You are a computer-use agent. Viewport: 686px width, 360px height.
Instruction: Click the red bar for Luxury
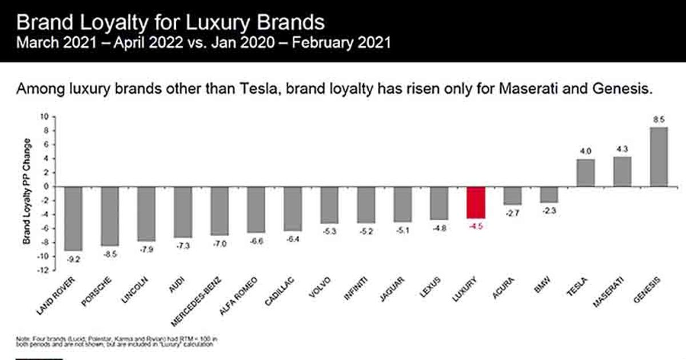coord(476,202)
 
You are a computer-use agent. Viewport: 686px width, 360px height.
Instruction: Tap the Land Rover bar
coord(73,218)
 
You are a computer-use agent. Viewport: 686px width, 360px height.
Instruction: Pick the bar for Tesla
coord(586,173)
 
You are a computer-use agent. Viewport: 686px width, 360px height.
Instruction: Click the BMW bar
coord(549,194)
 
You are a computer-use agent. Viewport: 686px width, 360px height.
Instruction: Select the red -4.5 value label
coord(476,227)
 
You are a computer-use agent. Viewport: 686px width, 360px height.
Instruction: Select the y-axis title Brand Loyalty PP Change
coord(27,191)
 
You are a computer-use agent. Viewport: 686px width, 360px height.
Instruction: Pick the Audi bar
coord(183,211)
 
